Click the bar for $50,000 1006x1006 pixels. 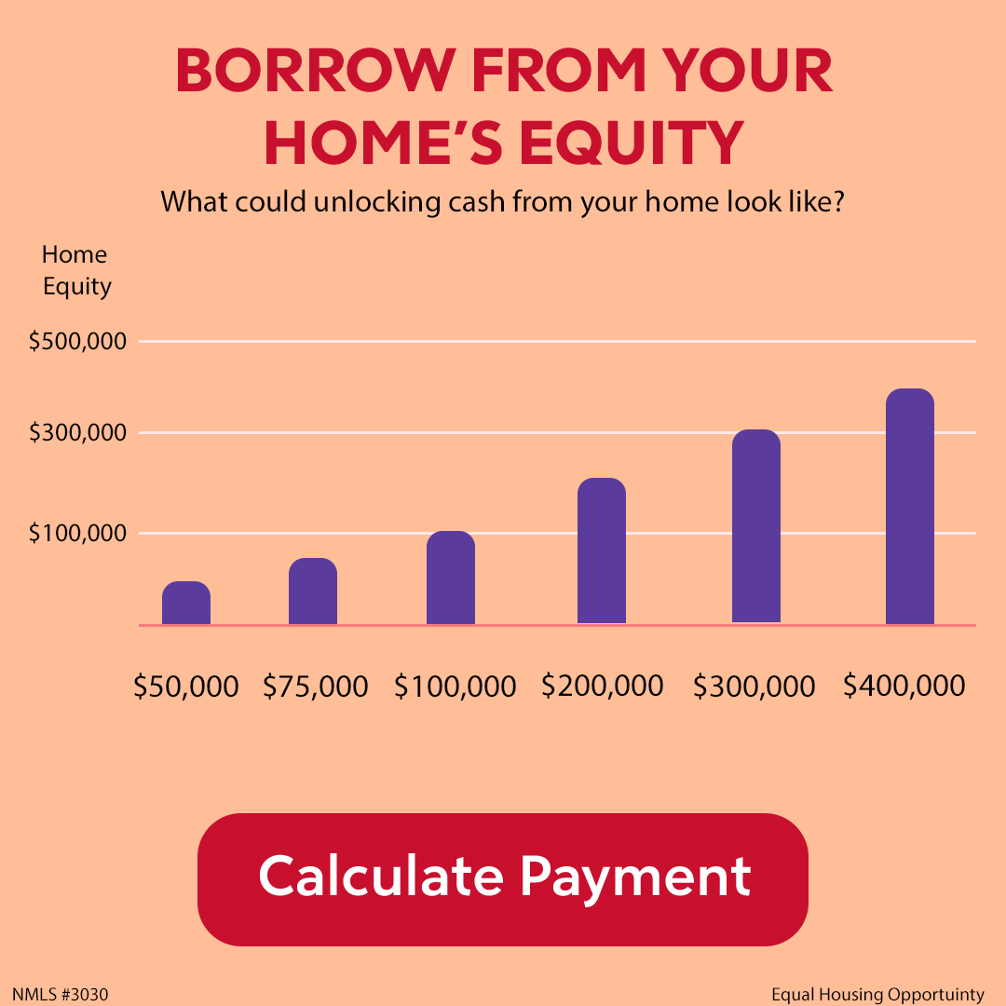click(x=186, y=603)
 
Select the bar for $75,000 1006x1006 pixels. click(x=312, y=591)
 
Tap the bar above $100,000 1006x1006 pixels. click(x=451, y=578)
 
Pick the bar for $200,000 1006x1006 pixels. click(x=601, y=551)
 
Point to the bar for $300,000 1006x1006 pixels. click(x=755, y=526)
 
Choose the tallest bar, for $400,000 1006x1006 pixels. click(x=910, y=506)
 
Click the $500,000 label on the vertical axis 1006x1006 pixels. click(x=77, y=341)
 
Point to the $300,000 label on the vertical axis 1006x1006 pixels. click(x=77, y=433)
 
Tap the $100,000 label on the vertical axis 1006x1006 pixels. click(x=77, y=533)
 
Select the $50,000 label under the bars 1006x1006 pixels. click(x=186, y=687)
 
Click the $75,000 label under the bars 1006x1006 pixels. click(x=316, y=687)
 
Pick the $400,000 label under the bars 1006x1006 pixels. click(x=904, y=686)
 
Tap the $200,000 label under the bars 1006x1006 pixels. click(x=603, y=686)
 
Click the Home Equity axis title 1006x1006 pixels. click(x=75, y=270)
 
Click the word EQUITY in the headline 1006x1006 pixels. click(x=632, y=143)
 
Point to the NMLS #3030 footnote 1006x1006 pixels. click(x=61, y=995)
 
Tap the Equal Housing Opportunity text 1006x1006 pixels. click(x=877, y=995)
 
